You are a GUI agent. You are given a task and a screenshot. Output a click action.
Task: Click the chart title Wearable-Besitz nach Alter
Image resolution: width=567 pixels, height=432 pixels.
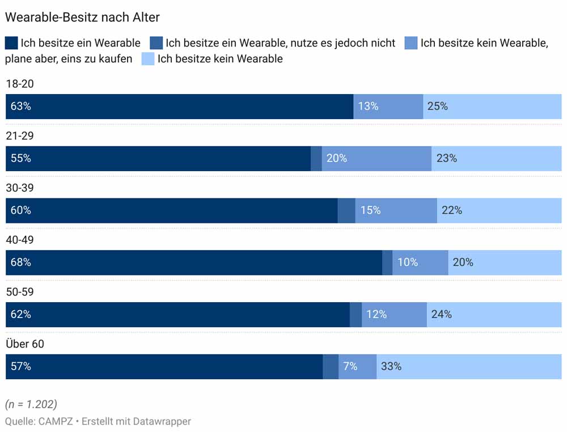(82, 17)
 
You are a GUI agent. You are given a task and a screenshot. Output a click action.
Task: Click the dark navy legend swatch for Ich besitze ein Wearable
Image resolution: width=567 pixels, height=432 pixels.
(11, 43)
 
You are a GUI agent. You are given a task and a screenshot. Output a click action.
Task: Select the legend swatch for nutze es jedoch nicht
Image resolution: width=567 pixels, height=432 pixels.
(156, 43)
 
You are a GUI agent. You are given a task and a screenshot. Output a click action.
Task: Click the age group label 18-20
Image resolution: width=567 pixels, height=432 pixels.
(20, 84)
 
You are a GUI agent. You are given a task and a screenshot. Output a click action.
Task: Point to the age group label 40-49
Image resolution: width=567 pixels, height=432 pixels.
(20, 240)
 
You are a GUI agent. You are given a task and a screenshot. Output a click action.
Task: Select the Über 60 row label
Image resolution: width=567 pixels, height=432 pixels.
(25, 344)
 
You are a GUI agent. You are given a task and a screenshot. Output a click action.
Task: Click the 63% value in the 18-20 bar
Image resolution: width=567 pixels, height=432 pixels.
(20, 107)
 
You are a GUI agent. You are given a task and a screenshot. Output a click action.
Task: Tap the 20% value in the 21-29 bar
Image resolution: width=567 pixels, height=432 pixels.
(337, 159)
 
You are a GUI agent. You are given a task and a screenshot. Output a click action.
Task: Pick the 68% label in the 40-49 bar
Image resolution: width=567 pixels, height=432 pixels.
(20, 262)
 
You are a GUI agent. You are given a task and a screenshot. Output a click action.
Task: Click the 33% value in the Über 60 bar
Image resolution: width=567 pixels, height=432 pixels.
(391, 367)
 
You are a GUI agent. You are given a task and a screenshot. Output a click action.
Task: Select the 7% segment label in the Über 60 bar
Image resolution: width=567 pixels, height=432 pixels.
(350, 367)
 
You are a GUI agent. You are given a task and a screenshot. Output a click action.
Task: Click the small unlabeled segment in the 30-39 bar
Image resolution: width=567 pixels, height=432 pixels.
(346, 210)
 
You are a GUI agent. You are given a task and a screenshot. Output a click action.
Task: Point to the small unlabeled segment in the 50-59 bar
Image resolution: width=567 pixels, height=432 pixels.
(356, 315)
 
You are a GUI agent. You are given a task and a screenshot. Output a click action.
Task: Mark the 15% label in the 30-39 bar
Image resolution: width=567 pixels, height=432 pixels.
(370, 210)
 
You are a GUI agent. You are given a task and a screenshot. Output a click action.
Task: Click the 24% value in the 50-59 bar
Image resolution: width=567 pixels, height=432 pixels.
(441, 315)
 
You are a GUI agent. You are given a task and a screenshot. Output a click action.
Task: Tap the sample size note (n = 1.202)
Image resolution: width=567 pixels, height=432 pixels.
(31, 404)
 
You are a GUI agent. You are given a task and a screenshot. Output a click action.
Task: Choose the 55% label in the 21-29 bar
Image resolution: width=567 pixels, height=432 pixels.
(20, 159)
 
